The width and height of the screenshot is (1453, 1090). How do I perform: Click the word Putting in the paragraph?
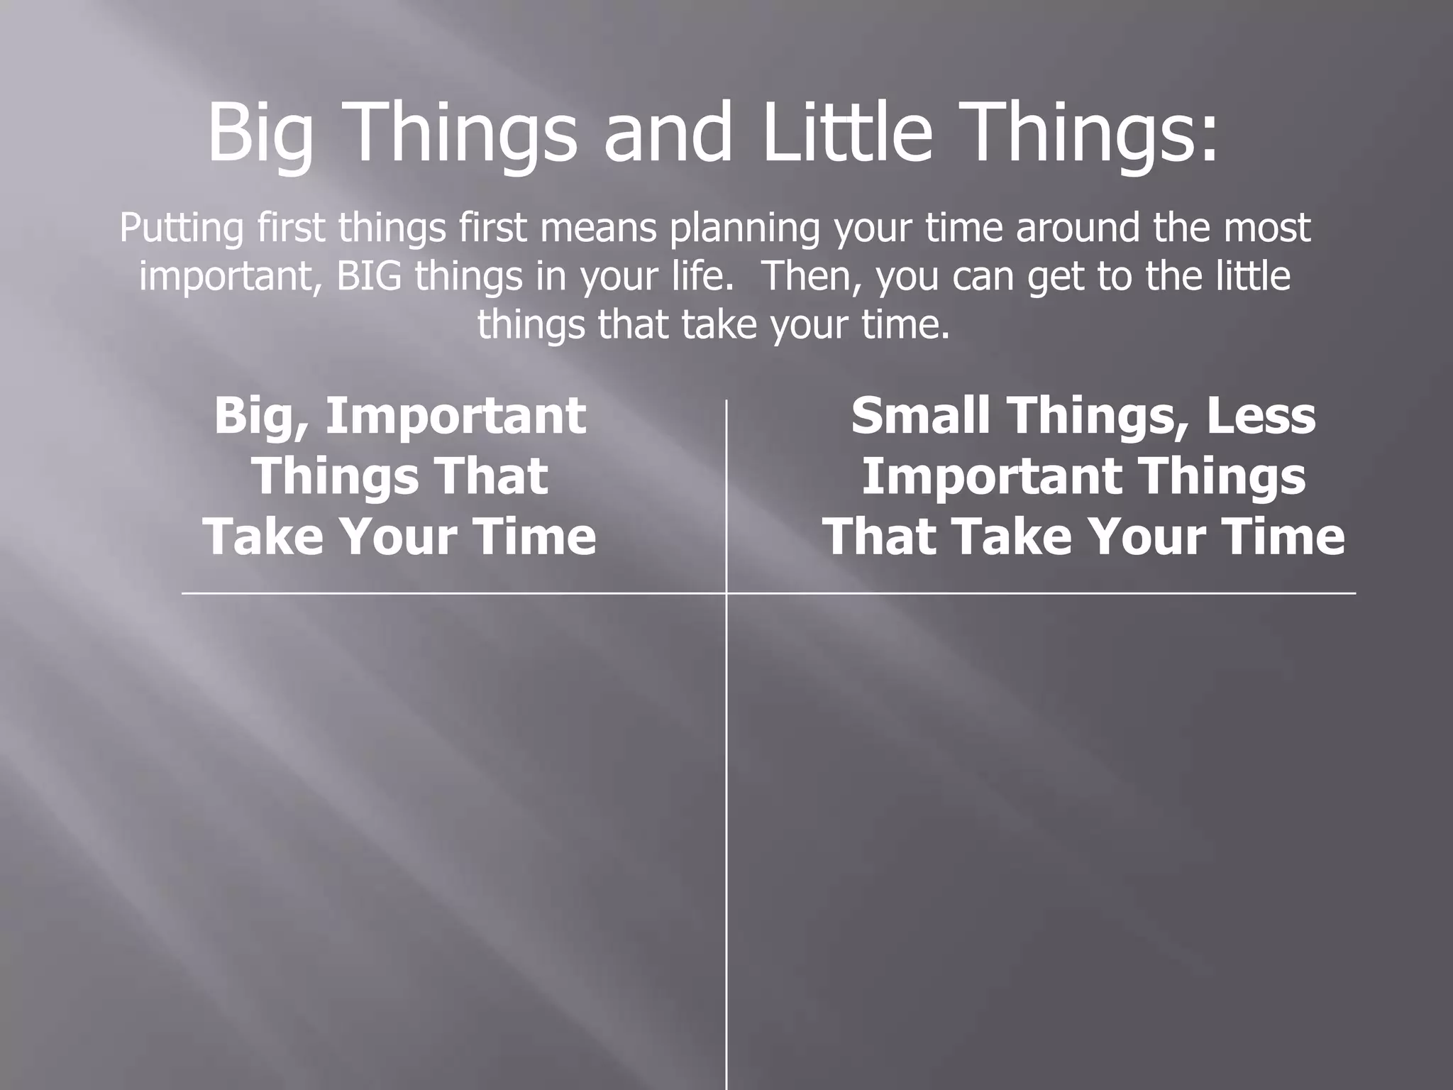pyautogui.click(x=181, y=229)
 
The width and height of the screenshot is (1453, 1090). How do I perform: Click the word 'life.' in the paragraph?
pyautogui.click(x=699, y=277)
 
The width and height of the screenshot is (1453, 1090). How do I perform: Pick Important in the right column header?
pyautogui.click(x=990, y=476)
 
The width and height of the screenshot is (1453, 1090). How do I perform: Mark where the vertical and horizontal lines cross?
pyautogui.click(x=726, y=593)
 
